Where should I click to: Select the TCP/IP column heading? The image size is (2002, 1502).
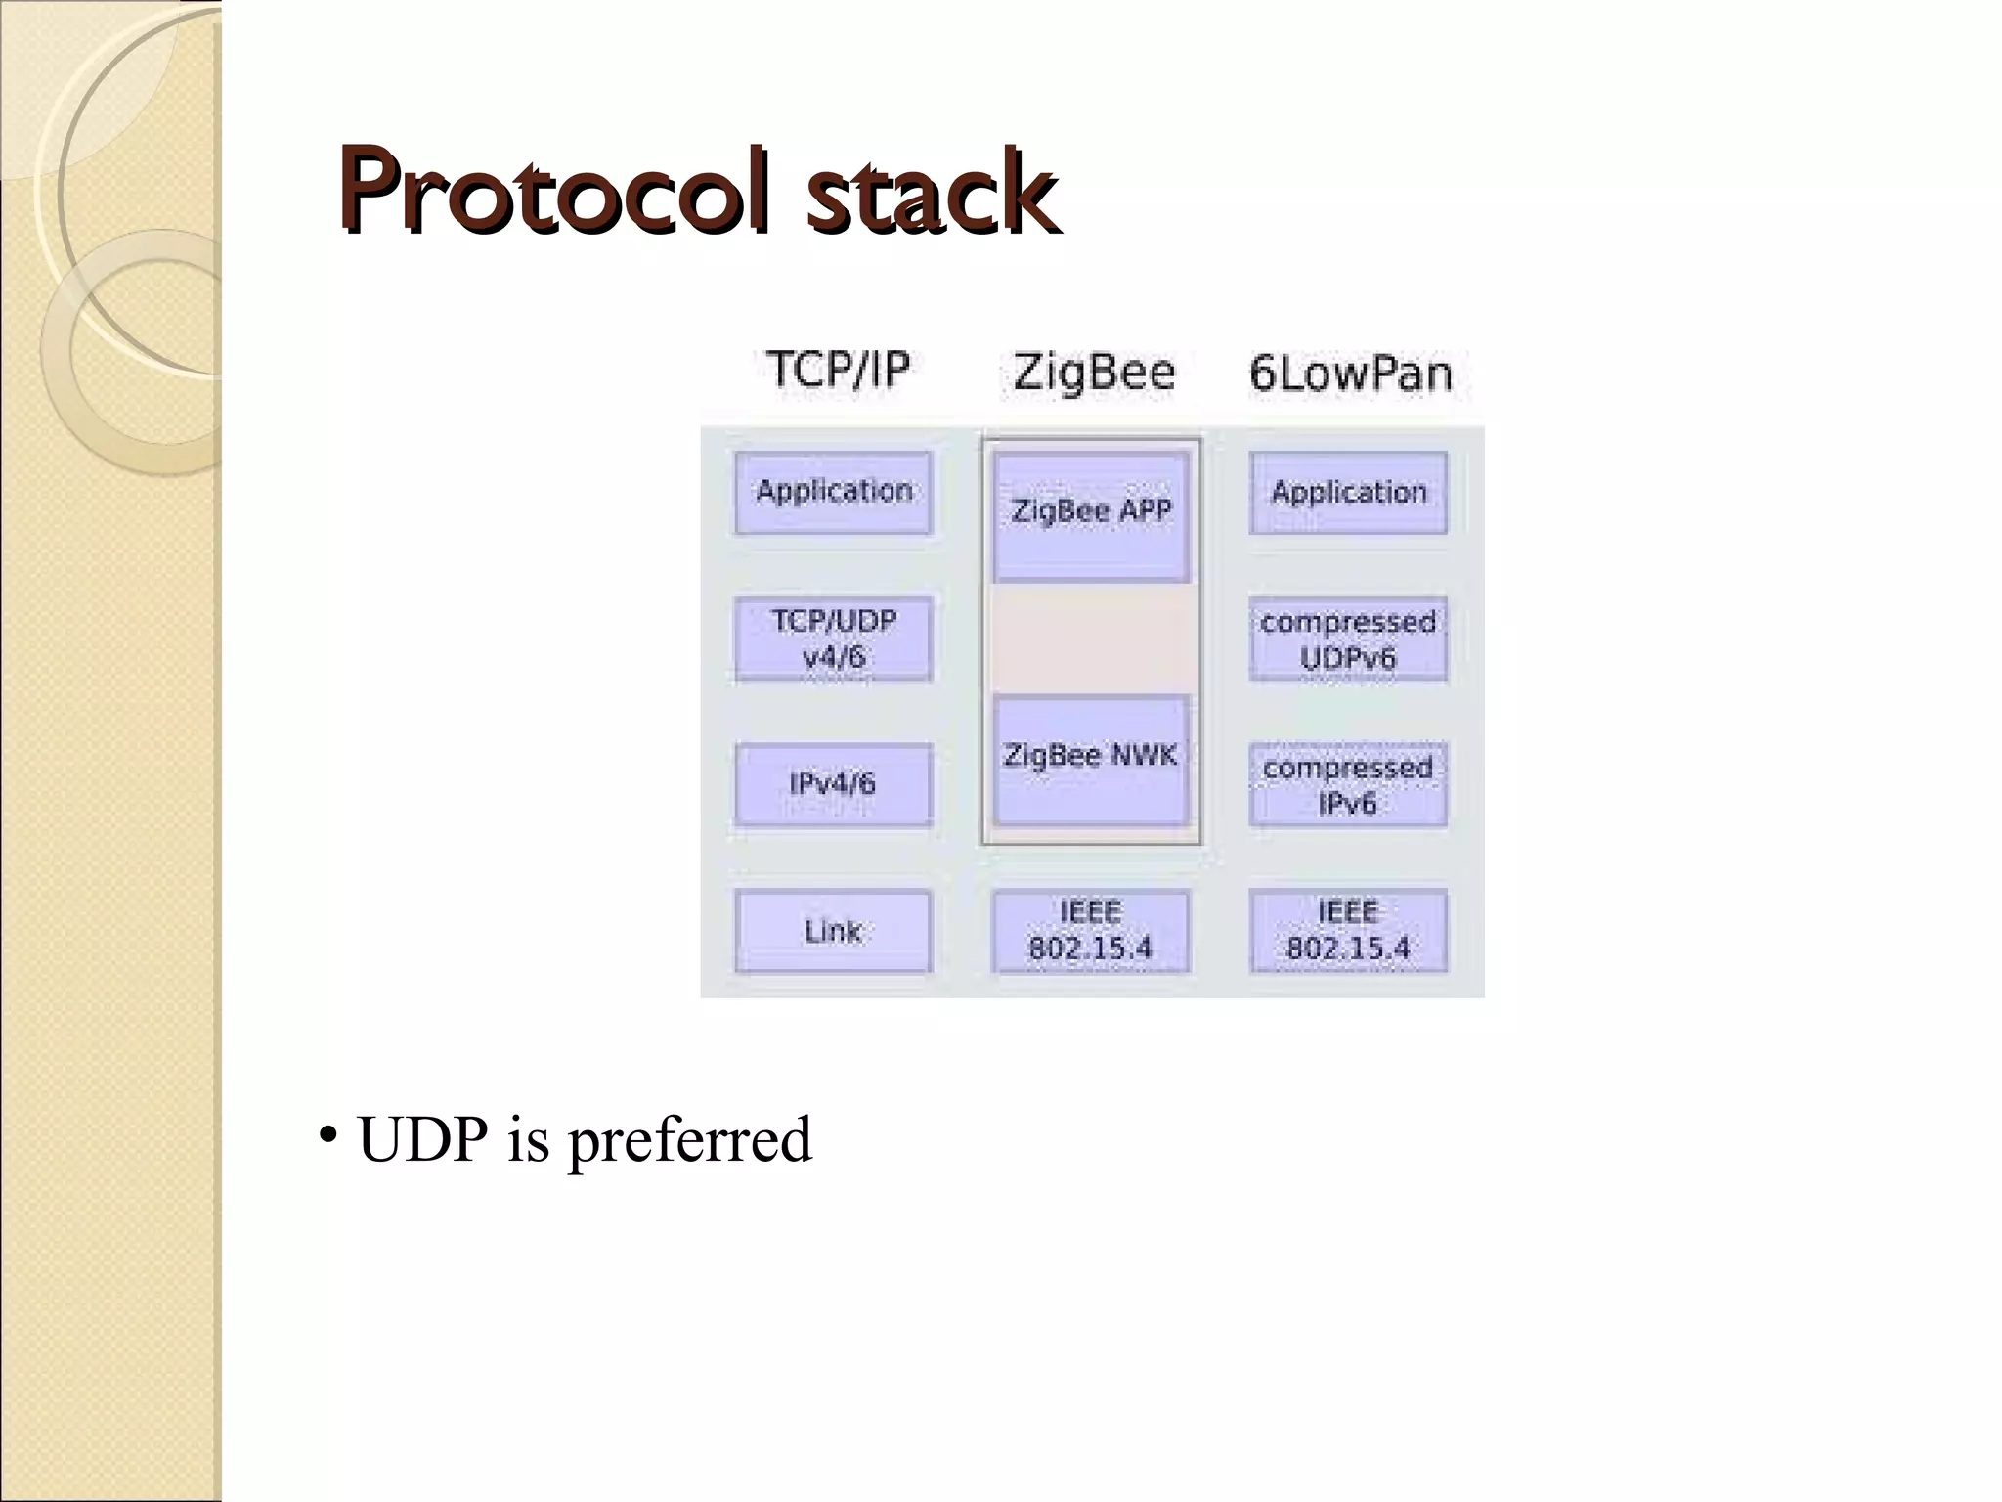coord(838,370)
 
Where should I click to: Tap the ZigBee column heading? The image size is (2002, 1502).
coord(1093,373)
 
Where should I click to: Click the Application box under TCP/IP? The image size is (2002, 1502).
coord(834,492)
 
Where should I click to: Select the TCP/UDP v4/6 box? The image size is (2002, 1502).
coord(834,639)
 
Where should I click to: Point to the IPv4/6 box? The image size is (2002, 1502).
coord(833,784)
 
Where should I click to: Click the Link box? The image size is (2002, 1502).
coord(833,931)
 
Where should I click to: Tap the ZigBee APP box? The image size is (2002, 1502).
coord(1091,515)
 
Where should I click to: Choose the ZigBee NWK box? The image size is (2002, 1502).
coord(1091,760)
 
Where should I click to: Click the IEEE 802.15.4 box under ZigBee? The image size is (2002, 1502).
coord(1091,931)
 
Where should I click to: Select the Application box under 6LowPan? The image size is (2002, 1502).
coord(1348,492)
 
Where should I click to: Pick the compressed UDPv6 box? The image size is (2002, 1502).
coord(1348,640)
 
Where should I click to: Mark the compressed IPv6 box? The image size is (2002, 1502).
coord(1348,785)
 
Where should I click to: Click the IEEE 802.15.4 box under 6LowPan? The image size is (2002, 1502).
coord(1348,931)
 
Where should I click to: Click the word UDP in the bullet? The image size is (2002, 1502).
coord(422,1140)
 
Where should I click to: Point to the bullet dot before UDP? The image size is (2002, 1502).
coord(328,1135)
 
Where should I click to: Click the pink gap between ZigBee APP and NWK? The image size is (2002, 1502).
coord(1091,639)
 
